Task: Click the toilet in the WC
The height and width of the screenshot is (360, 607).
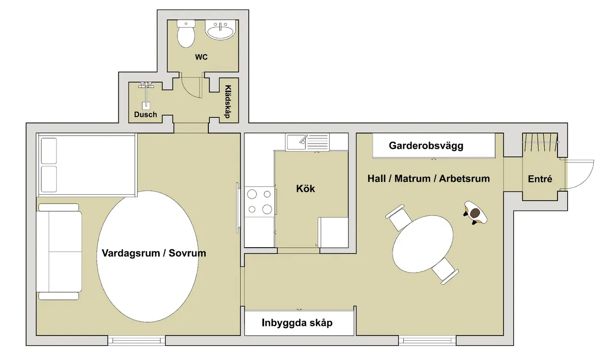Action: (x=186, y=33)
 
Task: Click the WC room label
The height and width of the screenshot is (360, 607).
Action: (x=201, y=57)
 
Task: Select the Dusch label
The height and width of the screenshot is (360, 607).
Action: (x=145, y=115)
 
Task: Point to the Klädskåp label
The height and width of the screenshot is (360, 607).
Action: (x=227, y=101)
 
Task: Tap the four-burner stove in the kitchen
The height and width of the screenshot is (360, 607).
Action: (x=259, y=201)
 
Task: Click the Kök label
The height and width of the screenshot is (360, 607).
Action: (x=306, y=189)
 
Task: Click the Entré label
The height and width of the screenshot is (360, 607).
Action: (x=540, y=179)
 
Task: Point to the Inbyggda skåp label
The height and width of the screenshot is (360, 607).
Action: (x=297, y=323)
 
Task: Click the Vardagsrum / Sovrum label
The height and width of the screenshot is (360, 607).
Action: (x=154, y=253)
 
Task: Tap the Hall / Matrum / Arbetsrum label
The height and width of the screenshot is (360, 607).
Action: (x=428, y=178)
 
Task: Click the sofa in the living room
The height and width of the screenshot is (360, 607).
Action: (x=58, y=251)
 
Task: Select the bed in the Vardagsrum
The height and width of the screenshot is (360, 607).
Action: (x=86, y=165)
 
